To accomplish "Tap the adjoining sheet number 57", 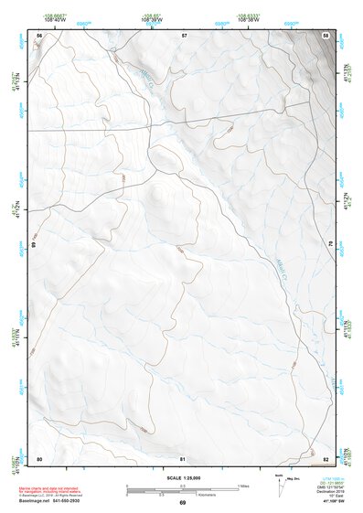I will tap(184, 34).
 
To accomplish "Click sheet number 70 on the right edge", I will tap(330, 244).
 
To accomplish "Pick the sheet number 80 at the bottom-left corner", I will tap(39, 458).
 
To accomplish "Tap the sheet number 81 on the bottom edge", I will tap(183, 458).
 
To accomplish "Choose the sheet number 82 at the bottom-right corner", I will tap(326, 458).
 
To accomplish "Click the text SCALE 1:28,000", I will tap(182, 477).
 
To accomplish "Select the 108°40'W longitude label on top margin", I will tap(54, 18).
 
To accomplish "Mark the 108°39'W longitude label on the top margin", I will tap(149, 18).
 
